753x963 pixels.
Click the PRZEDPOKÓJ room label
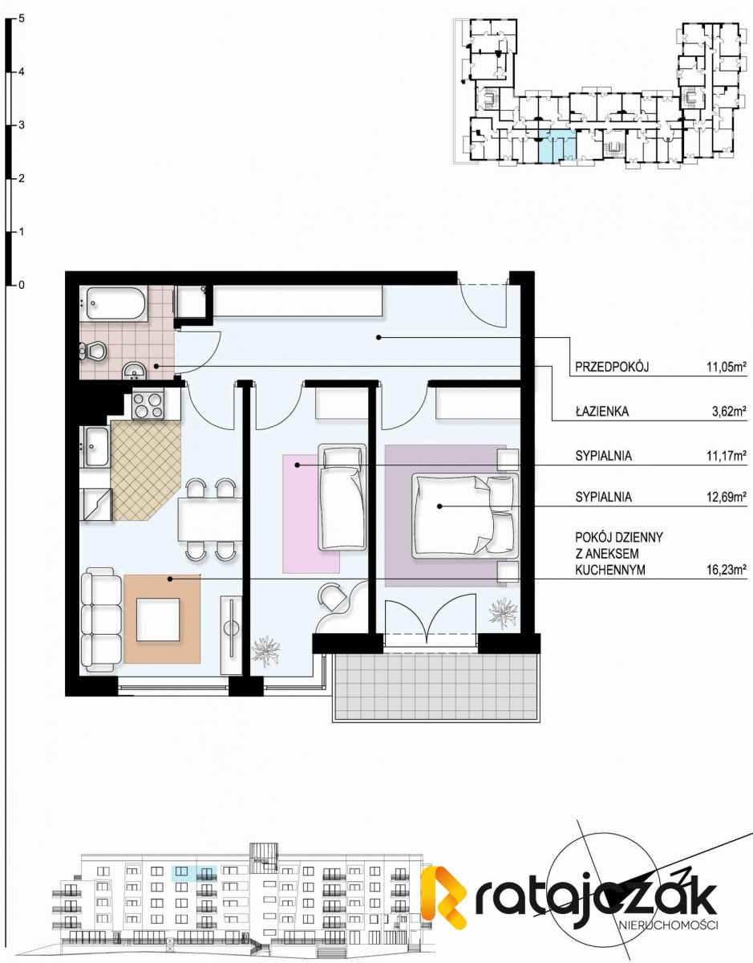[610, 368]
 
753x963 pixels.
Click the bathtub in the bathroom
[113, 304]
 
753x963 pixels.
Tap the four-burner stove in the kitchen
[148, 404]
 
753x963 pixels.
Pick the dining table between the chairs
[209, 518]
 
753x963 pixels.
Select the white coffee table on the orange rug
[158, 620]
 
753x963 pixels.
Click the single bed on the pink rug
[342, 498]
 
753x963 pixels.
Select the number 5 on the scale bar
[21, 18]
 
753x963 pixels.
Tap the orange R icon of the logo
[446, 896]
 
